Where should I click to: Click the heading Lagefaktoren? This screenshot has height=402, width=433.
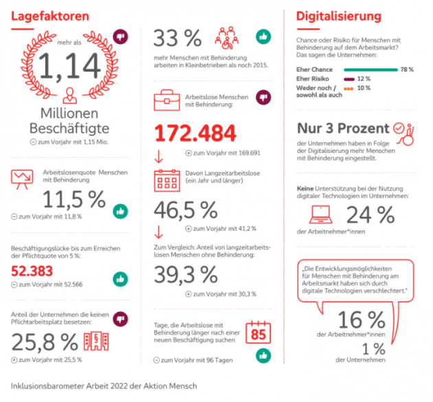pyautogui.click(x=50, y=17)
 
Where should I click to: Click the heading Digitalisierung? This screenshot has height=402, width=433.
pyautogui.click(x=339, y=17)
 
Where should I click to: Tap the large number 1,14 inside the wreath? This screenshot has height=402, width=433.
pyautogui.click(x=69, y=66)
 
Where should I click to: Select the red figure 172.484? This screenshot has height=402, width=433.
pyautogui.click(x=195, y=133)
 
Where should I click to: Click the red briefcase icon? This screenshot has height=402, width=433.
pyautogui.click(x=167, y=100)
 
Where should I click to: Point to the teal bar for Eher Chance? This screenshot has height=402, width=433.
pyautogui.click(x=370, y=70)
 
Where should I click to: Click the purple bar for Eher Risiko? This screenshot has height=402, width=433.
pyautogui.click(x=349, y=79)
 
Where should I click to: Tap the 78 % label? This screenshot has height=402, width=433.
pyautogui.click(x=407, y=70)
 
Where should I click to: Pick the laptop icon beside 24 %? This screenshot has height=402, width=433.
pyautogui.click(x=320, y=215)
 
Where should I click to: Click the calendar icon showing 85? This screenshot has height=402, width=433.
pyautogui.click(x=258, y=332)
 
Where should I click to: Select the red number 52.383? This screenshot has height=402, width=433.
pyautogui.click(x=32, y=271)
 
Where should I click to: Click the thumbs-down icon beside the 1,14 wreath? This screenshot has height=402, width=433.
pyautogui.click(x=120, y=36)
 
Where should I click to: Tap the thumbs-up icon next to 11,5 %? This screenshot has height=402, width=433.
pyautogui.click(x=120, y=211)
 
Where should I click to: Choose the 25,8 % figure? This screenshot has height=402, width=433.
pyautogui.click(x=45, y=342)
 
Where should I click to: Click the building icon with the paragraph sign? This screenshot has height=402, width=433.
pyautogui.click(x=96, y=341)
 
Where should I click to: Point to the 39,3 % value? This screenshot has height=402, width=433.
pyautogui.click(x=186, y=275)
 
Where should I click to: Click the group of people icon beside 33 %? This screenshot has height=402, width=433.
pyautogui.click(x=227, y=38)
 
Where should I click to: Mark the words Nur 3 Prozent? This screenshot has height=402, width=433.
pyautogui.click(x=343, y=129)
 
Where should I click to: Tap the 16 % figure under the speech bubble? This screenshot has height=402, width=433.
pyautogui.click(x=362, y=320)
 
